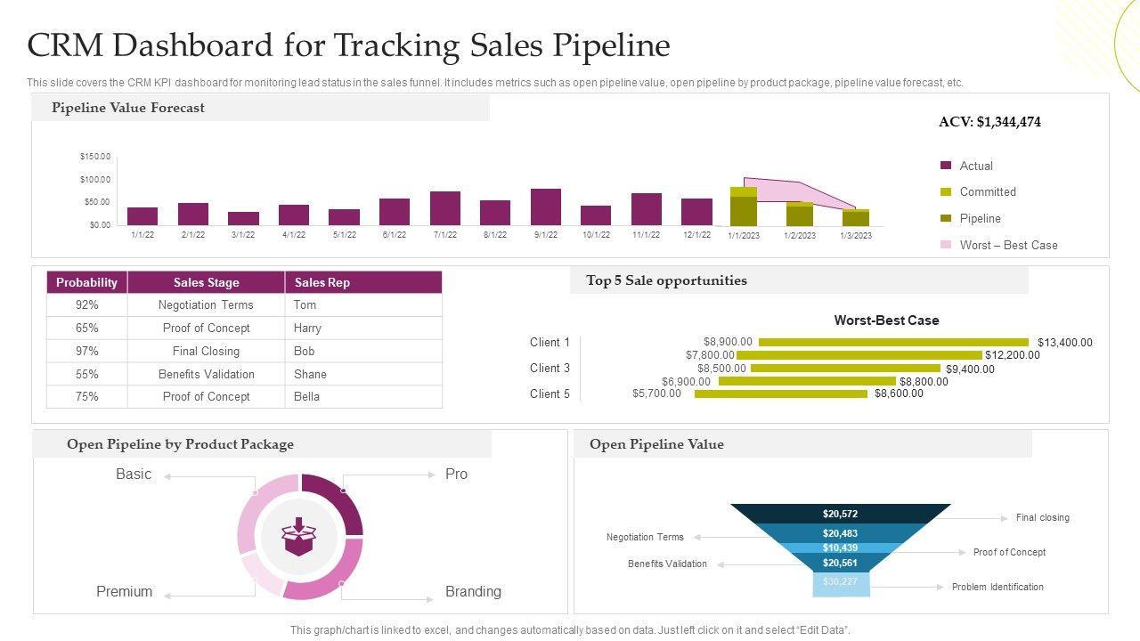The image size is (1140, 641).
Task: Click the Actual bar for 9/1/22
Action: (x=546, y=207)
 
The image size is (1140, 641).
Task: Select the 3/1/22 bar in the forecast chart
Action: (x=243, y=218)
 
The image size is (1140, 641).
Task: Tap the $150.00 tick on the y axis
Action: (x=95, y=157)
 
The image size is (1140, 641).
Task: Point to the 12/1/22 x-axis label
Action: (x=696, y=235)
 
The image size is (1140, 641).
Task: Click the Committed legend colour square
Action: (x=946, y=192)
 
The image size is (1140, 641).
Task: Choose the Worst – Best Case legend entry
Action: (x=1008, y=245)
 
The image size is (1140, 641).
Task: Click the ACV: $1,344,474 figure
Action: (x=989, y=122)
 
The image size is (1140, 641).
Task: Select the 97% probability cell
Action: (x=87, y=351)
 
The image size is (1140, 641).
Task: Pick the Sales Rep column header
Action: (x=322, y=282)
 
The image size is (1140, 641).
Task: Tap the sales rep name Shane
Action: (x=310, y=374)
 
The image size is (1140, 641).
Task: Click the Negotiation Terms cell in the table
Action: (x=206, y=304)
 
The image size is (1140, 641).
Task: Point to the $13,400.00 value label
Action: (x=1064, y=343)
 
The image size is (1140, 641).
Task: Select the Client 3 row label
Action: (x=550, y=368)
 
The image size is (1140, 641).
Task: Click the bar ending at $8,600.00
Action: (x=780, y=394)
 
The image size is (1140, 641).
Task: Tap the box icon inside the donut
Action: (x=299, y=536)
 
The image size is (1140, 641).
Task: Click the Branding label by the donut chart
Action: (x=473, y=591)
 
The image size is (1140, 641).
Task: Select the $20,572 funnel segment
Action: (x=840, y=514)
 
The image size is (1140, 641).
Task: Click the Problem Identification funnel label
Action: (x=997, y=587)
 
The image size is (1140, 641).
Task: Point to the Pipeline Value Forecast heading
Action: (x=128, y=108)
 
